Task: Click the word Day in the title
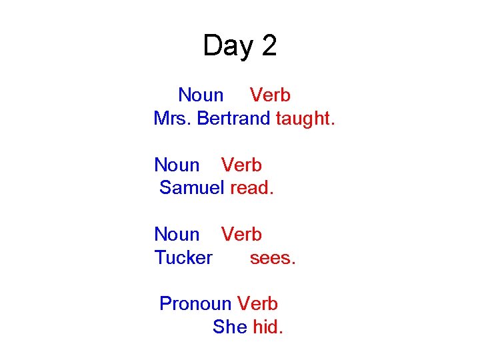click(229, 47)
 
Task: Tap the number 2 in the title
click(269, 46)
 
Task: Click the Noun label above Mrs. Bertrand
click(201, 95)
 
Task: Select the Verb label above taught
click(270, 95)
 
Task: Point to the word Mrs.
click(172, 119)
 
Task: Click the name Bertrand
click(233, 119)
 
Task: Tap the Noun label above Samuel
click(177, 165)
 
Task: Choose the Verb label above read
click(241, 165)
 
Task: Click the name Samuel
click(191, 188)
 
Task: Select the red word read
click(251, 188)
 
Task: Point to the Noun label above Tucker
click(177, 234)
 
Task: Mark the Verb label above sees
click(241, 234)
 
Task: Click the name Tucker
click(183, 257)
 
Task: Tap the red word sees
click(272, 257)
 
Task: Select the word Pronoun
click(195, 303)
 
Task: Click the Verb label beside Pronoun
click(257, 303)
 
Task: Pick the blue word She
click(229, 327)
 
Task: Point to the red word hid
click(267, 327)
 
